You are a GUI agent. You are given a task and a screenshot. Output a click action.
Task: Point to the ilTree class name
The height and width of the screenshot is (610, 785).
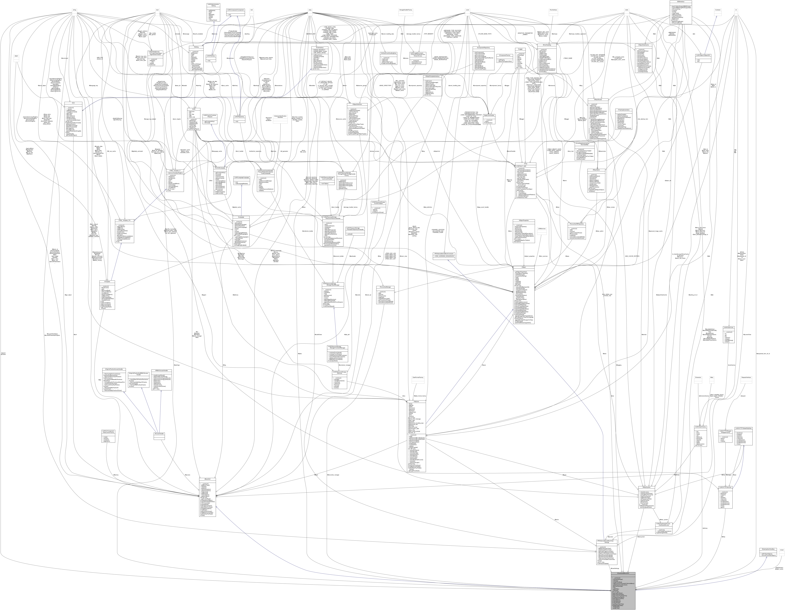[x=525, y=164]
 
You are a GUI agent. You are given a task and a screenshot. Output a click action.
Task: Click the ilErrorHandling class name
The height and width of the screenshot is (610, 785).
[x=547, y=45]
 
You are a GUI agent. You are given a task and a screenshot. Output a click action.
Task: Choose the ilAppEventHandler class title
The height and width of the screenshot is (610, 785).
[x=490, y=115]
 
